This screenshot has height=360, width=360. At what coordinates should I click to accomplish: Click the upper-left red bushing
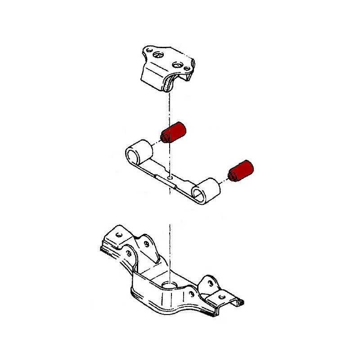pyautogui.click(x=175, y=131)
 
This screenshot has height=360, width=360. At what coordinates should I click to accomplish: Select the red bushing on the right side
pyautogui.click(x=242, y=170)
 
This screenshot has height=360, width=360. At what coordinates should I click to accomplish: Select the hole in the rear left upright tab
pyautogui.click(x=147, y=243)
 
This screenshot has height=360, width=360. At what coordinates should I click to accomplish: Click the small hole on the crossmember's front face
pyautogui.click(x=192, y=294)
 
